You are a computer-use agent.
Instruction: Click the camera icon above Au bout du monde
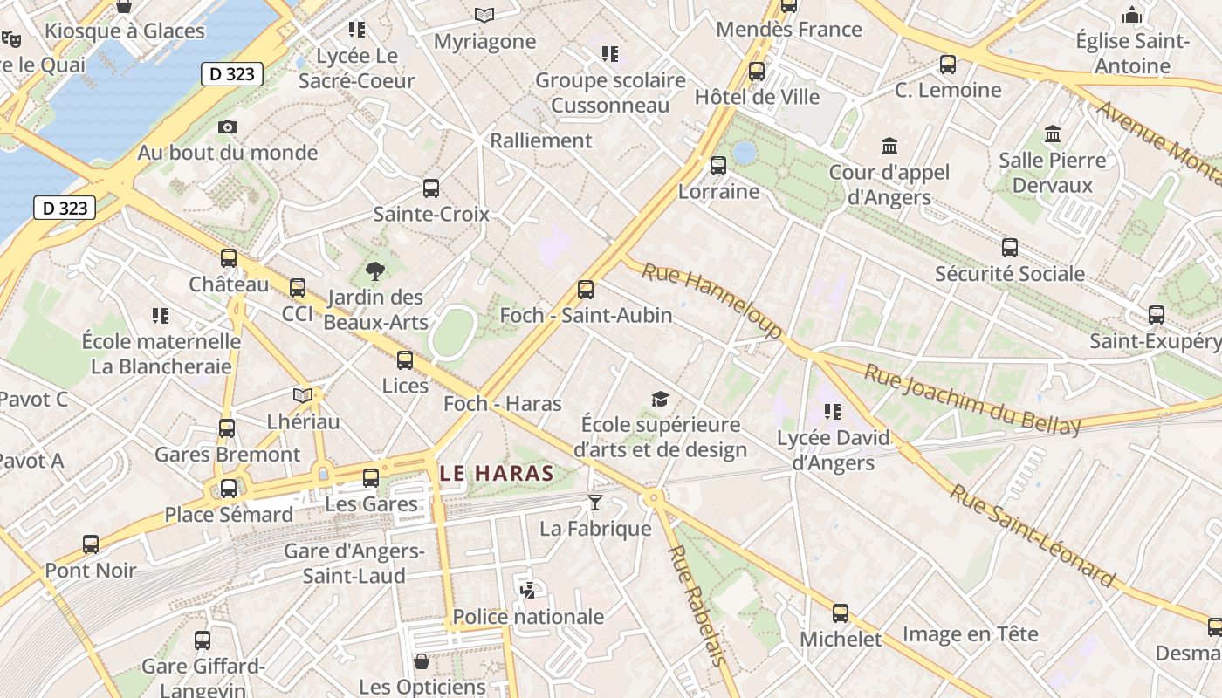pyautogui.click(x=228, y=127)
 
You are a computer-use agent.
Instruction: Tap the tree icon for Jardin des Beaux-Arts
pyautogui.click(x=375, y=270)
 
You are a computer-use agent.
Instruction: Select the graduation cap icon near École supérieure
pyautogui.click(x=660, y=400)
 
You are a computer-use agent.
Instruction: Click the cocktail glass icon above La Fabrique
pyautogui.click(x=595, y=503)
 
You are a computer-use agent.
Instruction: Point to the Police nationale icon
pyautogui.click(x=527, y=590)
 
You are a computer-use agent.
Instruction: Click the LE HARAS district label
pyautogui.click(x=497, y=474)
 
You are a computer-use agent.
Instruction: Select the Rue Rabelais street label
pyautogui.click(x=697, y=605)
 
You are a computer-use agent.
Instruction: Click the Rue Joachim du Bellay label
pyautogui.click(x=971, y=400)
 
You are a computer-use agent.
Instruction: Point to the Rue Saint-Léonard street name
pyautogui.click(x=1033, y=535)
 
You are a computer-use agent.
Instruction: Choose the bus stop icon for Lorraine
pyautogui.click(x=718, y=165)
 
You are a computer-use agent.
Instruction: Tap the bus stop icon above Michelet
pyautogui.click(x=841, y=613)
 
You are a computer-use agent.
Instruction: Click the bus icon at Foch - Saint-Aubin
pyautogui.click(x=586, y=289)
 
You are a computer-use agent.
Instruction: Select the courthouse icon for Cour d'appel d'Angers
pyautogui.click(x=889, y=146)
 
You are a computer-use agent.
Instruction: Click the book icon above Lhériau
pyautogui.click(x=303, y=395)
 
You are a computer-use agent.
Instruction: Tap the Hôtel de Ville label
pyautogui.click(x=757, y=97)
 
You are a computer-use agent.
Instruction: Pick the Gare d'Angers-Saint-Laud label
pyautogui.click(x=354, y=564)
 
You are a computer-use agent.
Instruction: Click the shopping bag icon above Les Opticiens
pyautogui.click(x=422, y=661)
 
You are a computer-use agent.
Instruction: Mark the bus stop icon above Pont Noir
pyautogui.click(x=91, y=544)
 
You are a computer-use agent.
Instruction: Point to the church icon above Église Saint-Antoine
pyautogui.click(x=1132, y=15)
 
